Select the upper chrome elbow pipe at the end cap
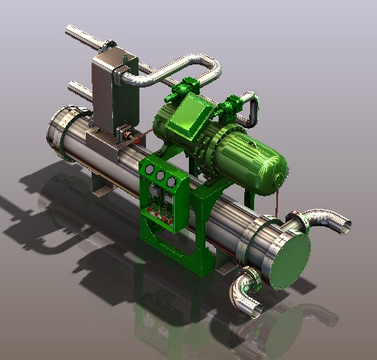tap(326, 220)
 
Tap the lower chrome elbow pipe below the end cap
tap(245, 293)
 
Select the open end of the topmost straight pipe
tap(71, 32)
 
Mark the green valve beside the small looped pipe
tap(232, 112)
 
